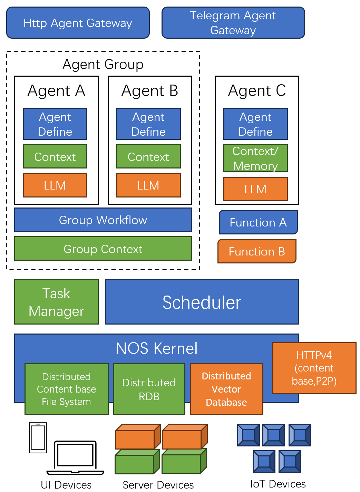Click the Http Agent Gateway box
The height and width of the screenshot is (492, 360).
click(x=78, y=23)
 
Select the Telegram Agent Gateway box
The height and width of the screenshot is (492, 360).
click(x=233, y=23)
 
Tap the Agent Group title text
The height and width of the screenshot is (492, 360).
click(x=103, y=65)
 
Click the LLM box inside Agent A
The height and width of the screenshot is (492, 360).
click(x=55, y=185)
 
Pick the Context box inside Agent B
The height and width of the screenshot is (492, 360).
click(x=148, y=156)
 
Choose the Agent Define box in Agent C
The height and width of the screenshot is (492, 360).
click(x=255, y=124)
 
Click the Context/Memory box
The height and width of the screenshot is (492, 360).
click(x=255, y=158)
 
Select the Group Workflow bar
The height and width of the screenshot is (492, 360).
click(x=103, y=220)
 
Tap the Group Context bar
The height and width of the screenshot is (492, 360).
click(x=103, y=249)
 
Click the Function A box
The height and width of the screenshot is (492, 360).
click(x=258, y=222)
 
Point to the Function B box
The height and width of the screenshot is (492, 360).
click(x=257, y=251)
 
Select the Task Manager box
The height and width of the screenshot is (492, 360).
click(x=56, y=302)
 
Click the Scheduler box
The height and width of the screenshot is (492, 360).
click(x=202, y=302)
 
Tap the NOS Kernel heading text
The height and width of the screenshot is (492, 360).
click(x=156, y=348)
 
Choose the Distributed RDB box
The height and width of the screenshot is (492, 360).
click(x=149, y=389)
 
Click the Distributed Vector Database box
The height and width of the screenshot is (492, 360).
click(x=226, y=389)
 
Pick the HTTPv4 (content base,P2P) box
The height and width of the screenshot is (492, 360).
click(x=314, y=368)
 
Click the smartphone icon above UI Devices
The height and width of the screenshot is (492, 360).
click(x=38, y=437)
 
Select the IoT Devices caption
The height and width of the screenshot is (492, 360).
click(x=278, y=484)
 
